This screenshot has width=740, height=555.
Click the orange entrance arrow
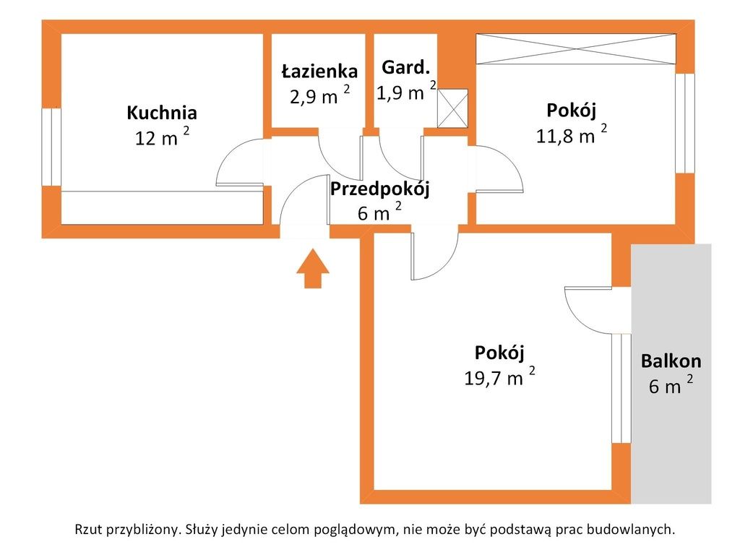[x=312, y=269]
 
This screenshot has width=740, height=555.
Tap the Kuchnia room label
[x=162, y=113]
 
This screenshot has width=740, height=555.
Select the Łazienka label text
[x=319, y=71]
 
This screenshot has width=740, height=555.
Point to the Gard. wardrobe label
[x=406, y=67]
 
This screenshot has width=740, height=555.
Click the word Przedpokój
[x=380, y=189]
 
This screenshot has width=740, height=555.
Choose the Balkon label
[x=671, y=361]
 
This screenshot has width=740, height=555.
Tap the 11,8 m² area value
[x=572, y=134]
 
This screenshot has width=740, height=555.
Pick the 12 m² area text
[x=163, y=137]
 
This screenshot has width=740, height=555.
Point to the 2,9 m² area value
[x=320, y=95]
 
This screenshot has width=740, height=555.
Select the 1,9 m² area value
[x=406, y=91]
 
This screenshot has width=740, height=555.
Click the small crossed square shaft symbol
[x=452, y=108]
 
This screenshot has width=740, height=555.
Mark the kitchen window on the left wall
[x=51, y=147]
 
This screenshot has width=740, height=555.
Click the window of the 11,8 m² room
[x=685, y=123]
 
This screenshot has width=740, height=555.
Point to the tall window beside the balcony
[x=621, y=388]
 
